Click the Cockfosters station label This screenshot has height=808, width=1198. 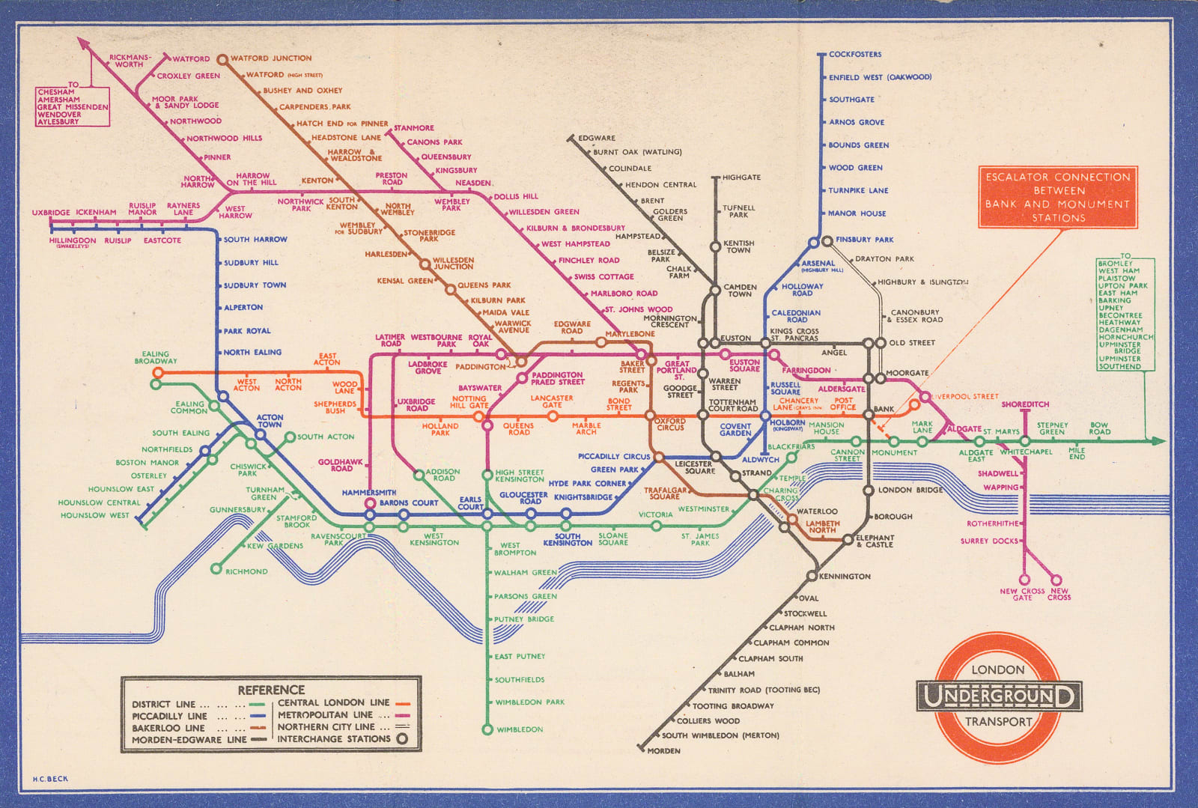[x=854, y=54]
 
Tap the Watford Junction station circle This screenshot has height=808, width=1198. [x=222, y=59]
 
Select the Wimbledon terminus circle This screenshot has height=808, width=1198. [x=487, y=729]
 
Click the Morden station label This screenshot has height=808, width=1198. [x=663, y=751]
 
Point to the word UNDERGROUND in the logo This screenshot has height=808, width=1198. [x=999, y=696]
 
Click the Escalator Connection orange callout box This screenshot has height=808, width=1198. [x=1057, y=197]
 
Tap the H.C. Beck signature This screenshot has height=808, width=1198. [x=50, y=779]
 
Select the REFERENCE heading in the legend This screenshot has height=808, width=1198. [x=271, y=690]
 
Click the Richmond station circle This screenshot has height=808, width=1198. [x=216, y=569]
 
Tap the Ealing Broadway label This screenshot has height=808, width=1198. [x=156, y=357]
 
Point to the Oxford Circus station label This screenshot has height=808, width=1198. [x=670, y=424]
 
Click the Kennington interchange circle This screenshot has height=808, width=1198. [x=811, y=576]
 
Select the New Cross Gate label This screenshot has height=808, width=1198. [x=1022, y=594]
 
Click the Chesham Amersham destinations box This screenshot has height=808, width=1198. [x=73, y=106]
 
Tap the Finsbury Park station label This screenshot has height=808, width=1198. [x=864, y=240]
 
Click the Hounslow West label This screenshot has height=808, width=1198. [x=94, y=515]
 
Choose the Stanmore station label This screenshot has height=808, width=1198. [x=413, y=128]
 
